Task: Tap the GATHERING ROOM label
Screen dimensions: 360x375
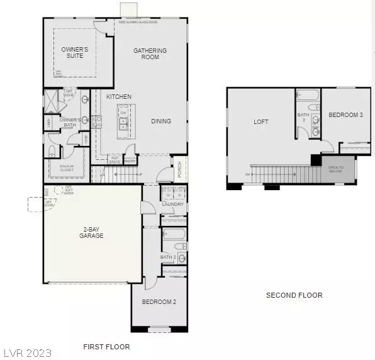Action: click(x=150, y=53)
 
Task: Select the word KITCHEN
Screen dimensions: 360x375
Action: click(x=118, y=96)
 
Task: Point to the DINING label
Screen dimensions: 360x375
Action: click(x=161, y=121)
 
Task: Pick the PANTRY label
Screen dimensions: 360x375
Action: click(x=130, y=161)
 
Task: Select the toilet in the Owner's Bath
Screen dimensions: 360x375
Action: click(x=52, y=150)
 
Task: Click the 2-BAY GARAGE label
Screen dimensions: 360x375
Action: click(x=91, y=232)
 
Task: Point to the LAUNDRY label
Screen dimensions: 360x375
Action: click(x=172, y=204)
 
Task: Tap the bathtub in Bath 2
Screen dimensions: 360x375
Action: click(x=174, y=237)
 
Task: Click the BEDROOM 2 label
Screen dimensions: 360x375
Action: click(x=159, y=302)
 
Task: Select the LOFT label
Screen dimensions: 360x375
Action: click(x=260, y=121)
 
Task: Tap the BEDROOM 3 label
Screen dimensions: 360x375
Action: click(x=345, y=115)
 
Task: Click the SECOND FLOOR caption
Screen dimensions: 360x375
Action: click(x=294, y=295)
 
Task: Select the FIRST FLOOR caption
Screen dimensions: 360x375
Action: click(x=106, y=347)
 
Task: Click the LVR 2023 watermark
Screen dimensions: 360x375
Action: click(x=27, y=352)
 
